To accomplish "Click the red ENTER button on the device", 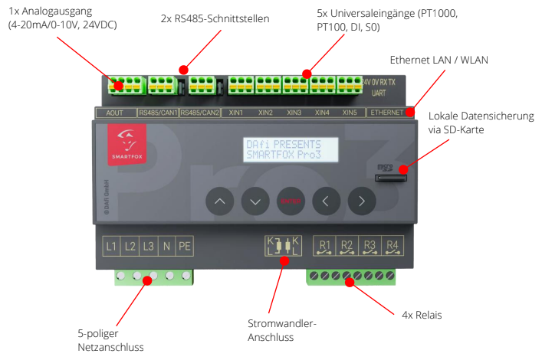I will click(x=291, y=201).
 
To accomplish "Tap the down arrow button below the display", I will click(x=255, y=201).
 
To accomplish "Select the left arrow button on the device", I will click(x=327, y=201).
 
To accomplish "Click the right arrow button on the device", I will click(x=362, y=201).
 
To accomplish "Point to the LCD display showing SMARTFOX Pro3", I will click(x=291, y=149).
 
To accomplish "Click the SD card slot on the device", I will click(x=389, y=178).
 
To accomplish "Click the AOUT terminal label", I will click(x=114, y=113).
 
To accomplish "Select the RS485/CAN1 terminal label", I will click(x=158, y=113).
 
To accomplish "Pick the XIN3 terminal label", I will click(x=294, y=113).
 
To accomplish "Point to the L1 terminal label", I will click(x=112, y=247).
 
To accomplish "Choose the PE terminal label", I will click(x=184, y=247).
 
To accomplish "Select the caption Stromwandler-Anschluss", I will click(x=284, y=329).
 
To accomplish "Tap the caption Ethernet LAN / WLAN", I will click(x=439, y=59).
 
